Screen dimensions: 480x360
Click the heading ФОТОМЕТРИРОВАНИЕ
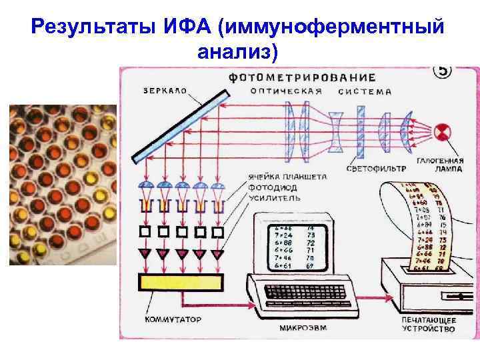pyautogui.click(x=301, y=77)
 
